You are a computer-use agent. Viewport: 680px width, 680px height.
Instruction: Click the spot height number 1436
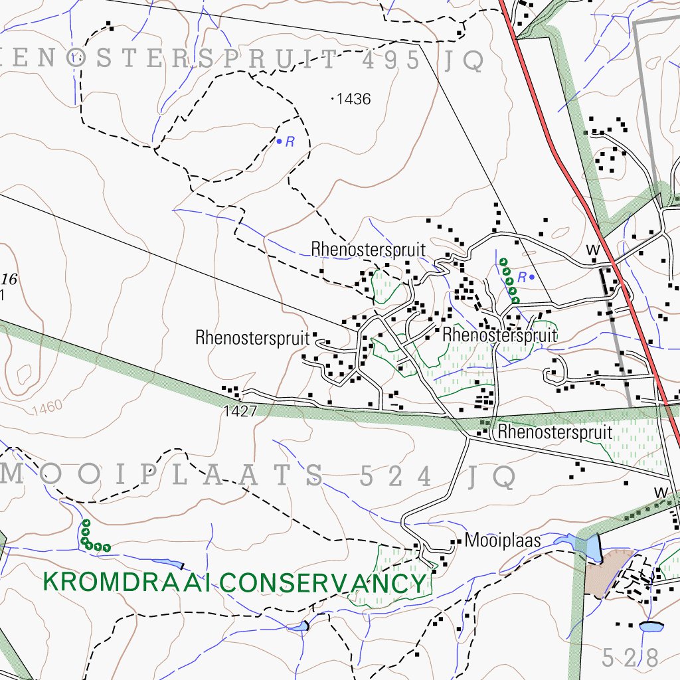click(353, 100)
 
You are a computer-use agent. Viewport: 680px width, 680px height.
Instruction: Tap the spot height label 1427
click(240, 411)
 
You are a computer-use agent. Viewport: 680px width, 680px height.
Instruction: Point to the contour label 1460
click(46, 407)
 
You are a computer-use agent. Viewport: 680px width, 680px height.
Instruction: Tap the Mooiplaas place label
click(503, 541)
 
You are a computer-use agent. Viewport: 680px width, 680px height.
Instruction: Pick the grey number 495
click(391, 61)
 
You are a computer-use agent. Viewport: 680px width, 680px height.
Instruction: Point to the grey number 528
click(630, 657)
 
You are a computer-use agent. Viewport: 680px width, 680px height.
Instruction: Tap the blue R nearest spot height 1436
click(290, 141)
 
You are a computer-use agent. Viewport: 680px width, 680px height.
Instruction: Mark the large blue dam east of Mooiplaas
click(588, 546)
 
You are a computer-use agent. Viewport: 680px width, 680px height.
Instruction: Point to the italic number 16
click(9, 279)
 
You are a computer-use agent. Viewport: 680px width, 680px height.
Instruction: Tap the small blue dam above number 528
click(651, 626)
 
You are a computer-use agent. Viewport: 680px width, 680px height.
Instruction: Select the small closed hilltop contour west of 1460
click(26, 376)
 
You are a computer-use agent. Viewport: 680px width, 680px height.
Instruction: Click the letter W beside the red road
click(592, 250)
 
